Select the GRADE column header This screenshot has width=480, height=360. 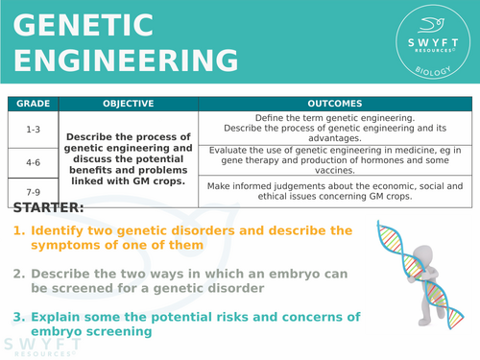point(32,102)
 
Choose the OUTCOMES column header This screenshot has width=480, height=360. point(334,102)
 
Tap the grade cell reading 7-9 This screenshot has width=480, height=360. point(32,191)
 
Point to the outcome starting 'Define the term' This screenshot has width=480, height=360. point(334,126)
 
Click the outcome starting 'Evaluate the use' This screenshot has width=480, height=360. point(334,160)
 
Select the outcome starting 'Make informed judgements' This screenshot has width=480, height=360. point(334,191)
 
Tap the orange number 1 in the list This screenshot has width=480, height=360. point(18,230)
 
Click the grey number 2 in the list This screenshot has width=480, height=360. point(18,273)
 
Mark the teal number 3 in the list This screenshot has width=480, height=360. point(18,317)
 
